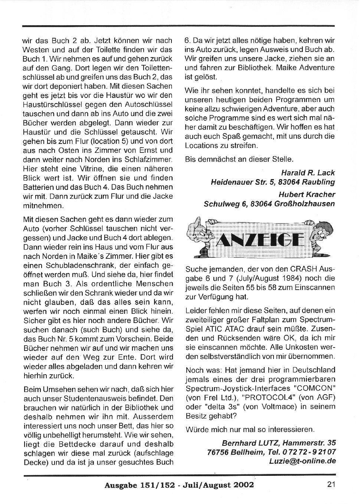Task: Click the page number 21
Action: (331, 484)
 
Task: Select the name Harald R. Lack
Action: (308, 173)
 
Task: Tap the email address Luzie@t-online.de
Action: (302, 461)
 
